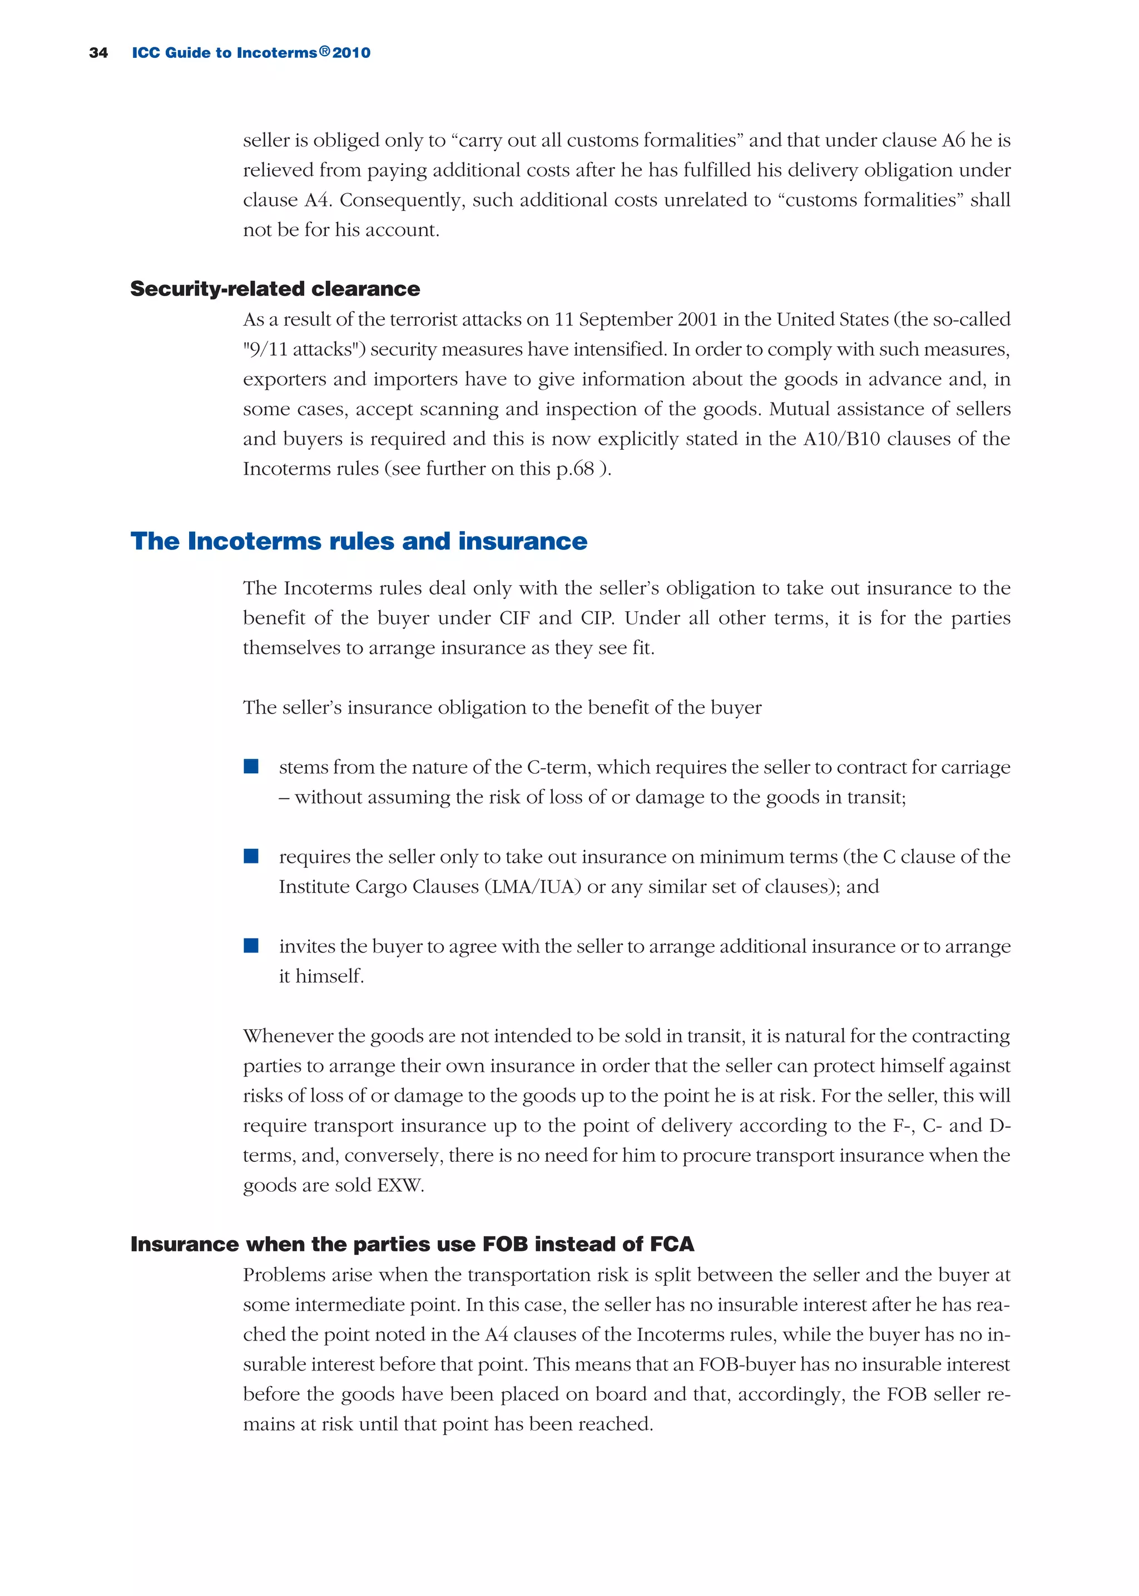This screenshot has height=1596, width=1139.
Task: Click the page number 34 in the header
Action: click(98, 53)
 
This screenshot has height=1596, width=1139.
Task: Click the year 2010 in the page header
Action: click(351, 53)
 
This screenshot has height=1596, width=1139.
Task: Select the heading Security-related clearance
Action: click(275, 288)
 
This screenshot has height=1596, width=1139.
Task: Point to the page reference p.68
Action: click(575, 468)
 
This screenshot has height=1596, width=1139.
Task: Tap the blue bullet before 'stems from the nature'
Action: click(251, 767)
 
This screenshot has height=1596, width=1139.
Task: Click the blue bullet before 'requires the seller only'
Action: click(251, 856)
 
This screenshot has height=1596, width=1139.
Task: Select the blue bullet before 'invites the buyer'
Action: click(251, 946)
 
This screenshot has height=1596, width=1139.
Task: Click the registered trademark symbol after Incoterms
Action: click(324, 51)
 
